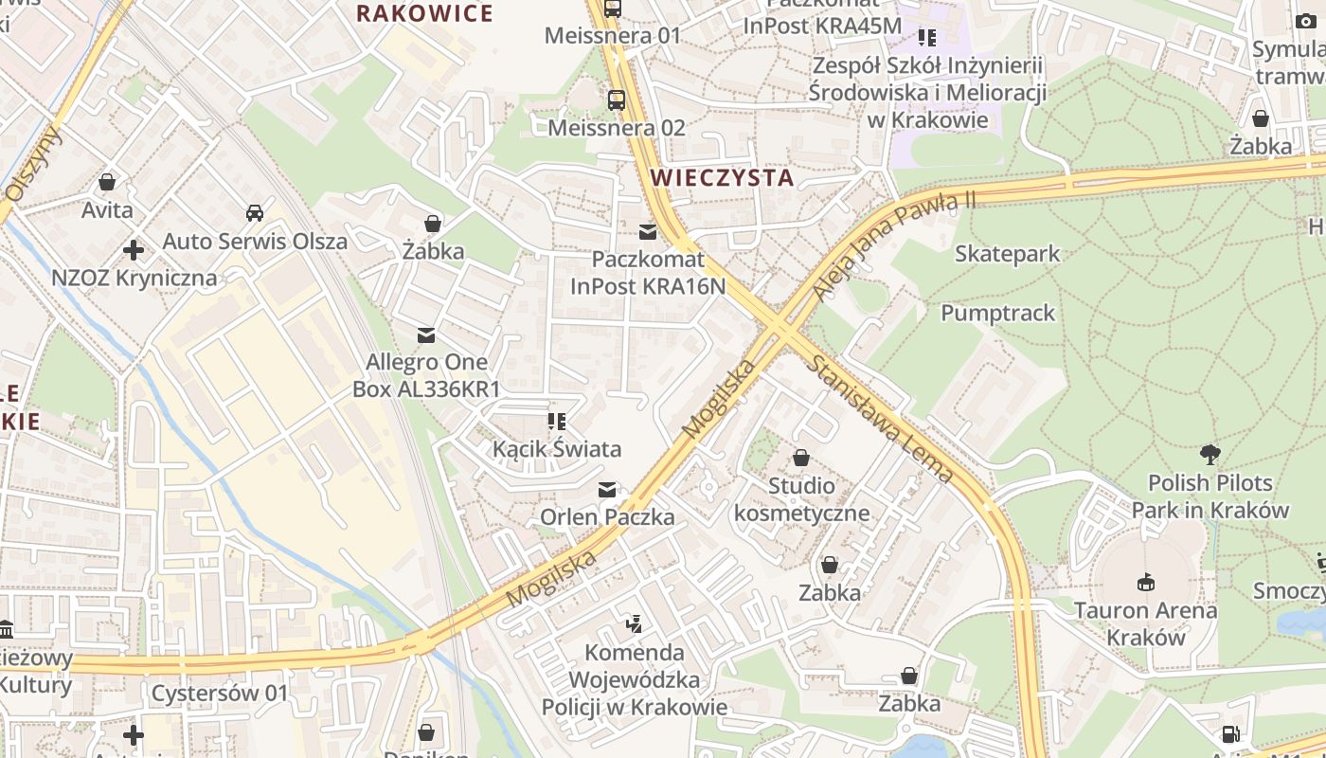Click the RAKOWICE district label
pyautogui.click(x=424, y=13)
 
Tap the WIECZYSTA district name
pyautogui.click(x=722, y=177)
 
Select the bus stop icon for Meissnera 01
pyautogui.click(x=613, y=9)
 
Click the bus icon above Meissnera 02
pyautogui.click(x=616, y=99)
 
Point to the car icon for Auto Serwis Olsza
pyautogui.click(x=255, y=212)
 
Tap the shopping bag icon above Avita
pyautogui.click(x=107, y=181)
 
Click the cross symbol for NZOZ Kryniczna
pyautogui.click(x=134, y=250)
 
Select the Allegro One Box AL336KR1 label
pyautogui.click(x=426, y=375)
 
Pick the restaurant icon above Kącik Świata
pyautogui.click(x=556, y=421)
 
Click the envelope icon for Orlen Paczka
pyautogui.click(x=607, y=490)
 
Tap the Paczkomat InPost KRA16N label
pyautogui.click(x=648, y=272)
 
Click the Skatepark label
pyautogui.click(x=1008, y=254)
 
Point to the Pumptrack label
pyautogui.click(x=997, y=314)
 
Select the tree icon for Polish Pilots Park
pyautogui.click(x=1210, y=454)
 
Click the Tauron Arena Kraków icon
pyautogui.click(x=1145, y=581)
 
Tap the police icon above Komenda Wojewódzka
pyautogui.click(x=634, y=624)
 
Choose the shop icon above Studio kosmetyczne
pyautogui.click(x=801, y=459)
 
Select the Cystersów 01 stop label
pyautogui.click(x=219, y=693)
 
